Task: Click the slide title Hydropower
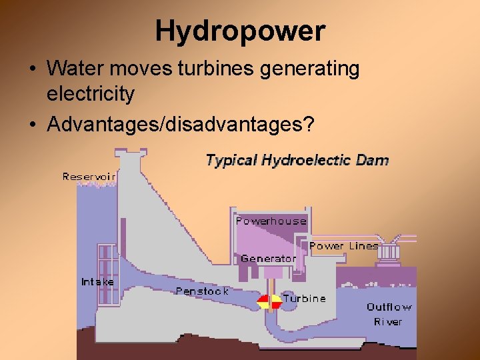pos(240,31)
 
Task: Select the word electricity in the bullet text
pos(90,94)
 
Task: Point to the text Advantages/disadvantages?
pos(180,124)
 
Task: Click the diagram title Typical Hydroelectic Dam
pos(297,160)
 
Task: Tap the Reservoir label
pos(89,177)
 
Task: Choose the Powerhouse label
pos(271,221)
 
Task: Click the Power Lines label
pos(343,246)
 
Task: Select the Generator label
pos(268,258)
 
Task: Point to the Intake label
pos(97,282)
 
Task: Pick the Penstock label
pos(202,291)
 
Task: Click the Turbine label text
pos(305,299)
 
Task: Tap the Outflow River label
pos(389,314)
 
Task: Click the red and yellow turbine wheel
pos(269,301)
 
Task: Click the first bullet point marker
pos(31,69)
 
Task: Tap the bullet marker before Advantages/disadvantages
pos(31,125)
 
